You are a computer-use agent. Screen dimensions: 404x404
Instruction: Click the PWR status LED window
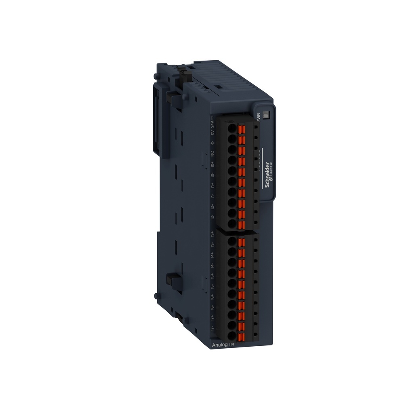[x=265, y=115]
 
